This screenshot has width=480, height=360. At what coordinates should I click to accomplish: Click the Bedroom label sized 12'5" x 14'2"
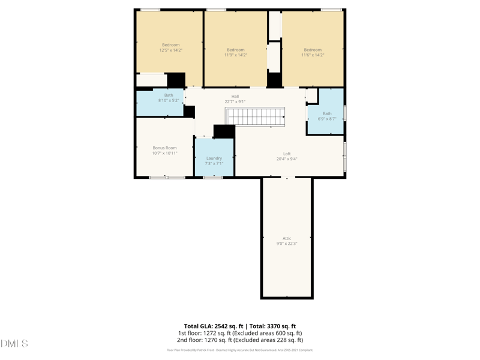pos(170,45)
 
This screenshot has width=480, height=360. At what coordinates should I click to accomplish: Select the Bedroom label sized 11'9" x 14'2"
pos(236,50)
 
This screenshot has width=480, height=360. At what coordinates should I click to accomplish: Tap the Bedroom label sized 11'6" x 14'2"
pos(313,50)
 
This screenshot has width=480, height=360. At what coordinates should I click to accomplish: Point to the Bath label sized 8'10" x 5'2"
pos(169,95)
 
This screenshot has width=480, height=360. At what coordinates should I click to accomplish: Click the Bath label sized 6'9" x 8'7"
pos(327,113)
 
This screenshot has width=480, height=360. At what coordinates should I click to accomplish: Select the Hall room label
pos(235,97)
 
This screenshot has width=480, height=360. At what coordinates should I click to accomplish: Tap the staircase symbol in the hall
pos(255,117)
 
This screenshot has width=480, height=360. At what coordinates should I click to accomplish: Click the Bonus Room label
pos(164,148)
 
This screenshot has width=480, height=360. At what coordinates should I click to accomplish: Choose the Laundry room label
pos(214,158)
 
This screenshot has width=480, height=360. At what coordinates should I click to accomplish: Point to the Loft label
pos(287,154)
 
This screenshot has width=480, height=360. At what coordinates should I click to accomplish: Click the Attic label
pos(287,238)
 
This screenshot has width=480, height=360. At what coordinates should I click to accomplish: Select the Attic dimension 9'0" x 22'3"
pos(287,244)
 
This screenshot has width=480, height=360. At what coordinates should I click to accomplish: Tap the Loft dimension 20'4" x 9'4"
pos(287,159)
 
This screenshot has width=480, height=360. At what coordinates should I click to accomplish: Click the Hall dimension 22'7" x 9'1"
pos(235,102)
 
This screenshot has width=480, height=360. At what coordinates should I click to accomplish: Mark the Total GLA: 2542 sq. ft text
pos(213,326)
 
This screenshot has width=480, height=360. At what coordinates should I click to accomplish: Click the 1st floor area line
pos(240,333)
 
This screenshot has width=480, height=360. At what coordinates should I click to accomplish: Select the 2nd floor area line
pos(240,340)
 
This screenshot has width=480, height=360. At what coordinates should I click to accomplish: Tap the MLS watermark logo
pos(14,344)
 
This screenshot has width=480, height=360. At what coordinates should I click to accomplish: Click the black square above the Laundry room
pos(224,131)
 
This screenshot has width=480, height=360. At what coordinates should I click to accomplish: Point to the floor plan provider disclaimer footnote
pos(240,350)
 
